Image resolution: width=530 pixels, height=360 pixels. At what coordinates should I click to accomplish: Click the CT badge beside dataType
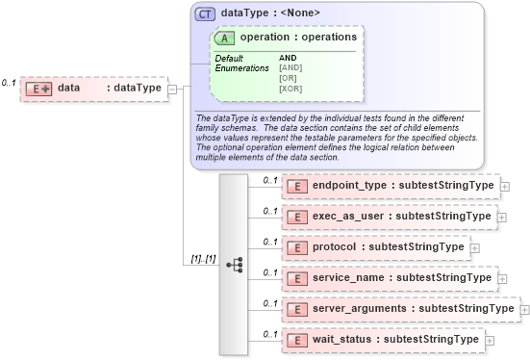point(205,13)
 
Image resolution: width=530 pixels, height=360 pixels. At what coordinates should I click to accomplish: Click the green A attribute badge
point(226,38)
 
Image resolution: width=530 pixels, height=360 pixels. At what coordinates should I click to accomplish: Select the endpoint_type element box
point(390,186)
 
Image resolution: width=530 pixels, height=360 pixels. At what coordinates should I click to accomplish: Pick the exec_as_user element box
point(390,217)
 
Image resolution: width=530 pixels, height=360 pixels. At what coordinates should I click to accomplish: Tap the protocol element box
point(375,247)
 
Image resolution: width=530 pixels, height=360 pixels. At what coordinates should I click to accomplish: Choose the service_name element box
point(390,278)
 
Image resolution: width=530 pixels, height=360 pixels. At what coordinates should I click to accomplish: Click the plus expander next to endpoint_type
point(505,186)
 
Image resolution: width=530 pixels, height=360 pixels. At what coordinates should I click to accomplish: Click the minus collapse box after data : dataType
point(172,89)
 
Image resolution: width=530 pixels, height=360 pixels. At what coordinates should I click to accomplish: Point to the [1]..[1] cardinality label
point(203,259)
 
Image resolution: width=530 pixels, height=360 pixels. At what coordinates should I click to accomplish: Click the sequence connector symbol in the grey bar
point(235,263)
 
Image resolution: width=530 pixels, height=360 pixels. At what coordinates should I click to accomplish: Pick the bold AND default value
point(288,58)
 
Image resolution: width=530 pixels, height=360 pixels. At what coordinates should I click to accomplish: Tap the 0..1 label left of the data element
point(9,84)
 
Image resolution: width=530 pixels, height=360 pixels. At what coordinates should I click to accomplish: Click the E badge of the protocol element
point(298,247)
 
